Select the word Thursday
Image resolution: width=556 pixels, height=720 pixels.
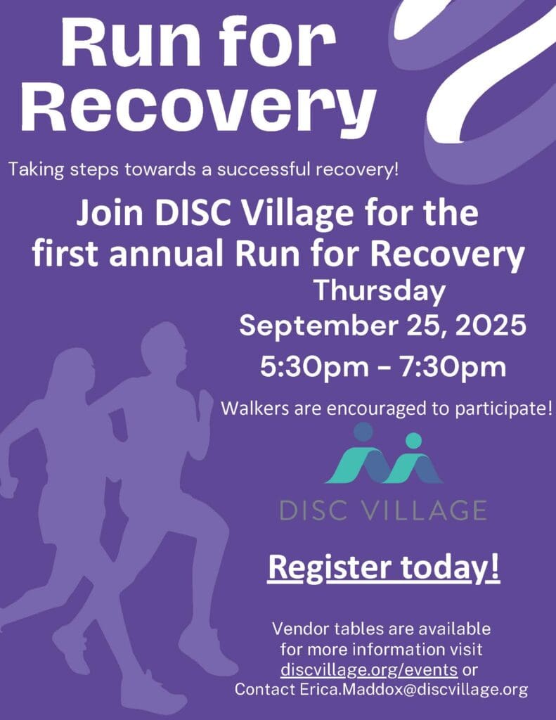pyautogui.click(x=380, y=292)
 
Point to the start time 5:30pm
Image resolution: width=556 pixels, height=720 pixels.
pyautogui.click(x=314, y=367)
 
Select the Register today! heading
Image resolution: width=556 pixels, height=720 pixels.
pyautogui.click(x=383, y=568)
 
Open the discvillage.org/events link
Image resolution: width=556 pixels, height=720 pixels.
pyautogui.click(x=369, y=670)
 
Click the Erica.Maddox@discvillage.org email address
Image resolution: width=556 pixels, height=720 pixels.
pyautogui.click(x=414, y=689)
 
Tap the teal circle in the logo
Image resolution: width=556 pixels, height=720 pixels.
pyautogui.click(x=414, y=440)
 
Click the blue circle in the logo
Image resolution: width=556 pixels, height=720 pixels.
pyautogui.click(x=363, y=432)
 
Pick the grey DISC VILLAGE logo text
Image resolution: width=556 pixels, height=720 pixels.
pyautogui.click(x=383, y=510)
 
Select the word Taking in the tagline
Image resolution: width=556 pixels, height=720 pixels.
pyautogui.click(x=37, y=170)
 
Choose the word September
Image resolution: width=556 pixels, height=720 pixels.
pyautogui.click(x=318, y=326)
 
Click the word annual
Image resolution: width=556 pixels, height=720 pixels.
pyautogui.click(x=166, y=254)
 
